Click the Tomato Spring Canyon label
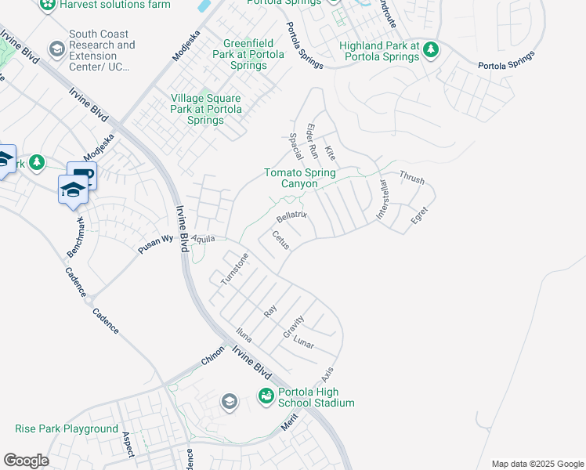[x=299, y=178]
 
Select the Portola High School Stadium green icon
[x=266, y=397]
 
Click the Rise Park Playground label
[x=67, y=429]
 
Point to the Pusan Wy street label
[x=155, y=242]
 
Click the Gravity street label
[x=293, y=326]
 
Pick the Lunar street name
[x=303, y=343]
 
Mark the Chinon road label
[x=212, y=359]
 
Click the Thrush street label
[x=412, y=179]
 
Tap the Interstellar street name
[x=384, y=201]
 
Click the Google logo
[x=26, y=461]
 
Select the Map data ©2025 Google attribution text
[x=537, y=464]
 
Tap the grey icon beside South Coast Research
[x=56, y=50]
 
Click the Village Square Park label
[x=207, y=110]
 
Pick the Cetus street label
[x=280, y=240]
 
